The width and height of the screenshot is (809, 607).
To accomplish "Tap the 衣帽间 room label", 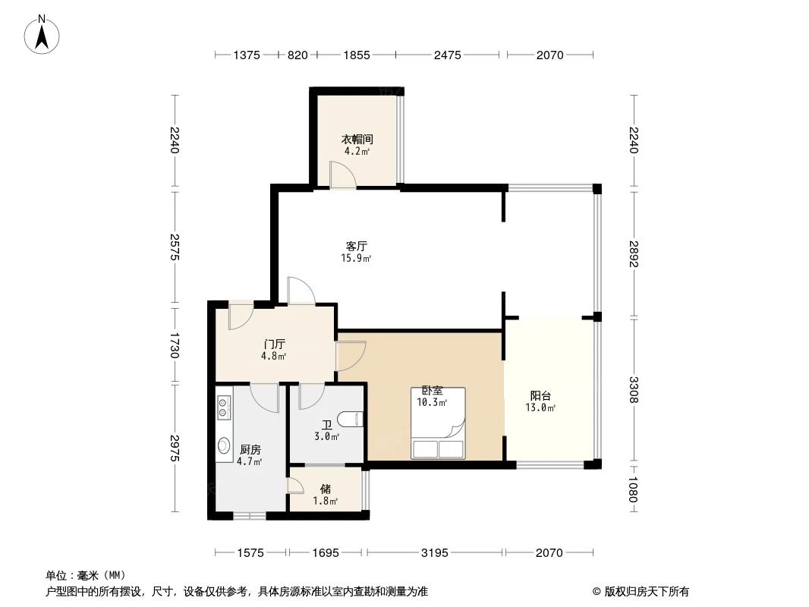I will (x=356, y=140).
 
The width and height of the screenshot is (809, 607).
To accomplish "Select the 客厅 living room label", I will (x=356, y=247).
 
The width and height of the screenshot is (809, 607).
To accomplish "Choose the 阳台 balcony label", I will (x=540, y=395).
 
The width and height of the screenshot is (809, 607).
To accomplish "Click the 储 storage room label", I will (x=325, y=489).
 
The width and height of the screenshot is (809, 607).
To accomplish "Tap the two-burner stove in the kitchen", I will (x=224, y=408).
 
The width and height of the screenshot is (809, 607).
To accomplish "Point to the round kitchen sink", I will (x=224, y=446).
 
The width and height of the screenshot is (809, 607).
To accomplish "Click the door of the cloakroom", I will (x=342, y=175).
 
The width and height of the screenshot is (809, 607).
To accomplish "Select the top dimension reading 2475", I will (x=448, y=55).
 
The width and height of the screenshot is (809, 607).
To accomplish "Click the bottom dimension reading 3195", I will (x=435, y=553).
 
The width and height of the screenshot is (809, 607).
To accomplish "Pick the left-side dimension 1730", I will (x=175, y=345).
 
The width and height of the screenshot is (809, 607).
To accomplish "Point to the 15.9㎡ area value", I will (x=356, y=259).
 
